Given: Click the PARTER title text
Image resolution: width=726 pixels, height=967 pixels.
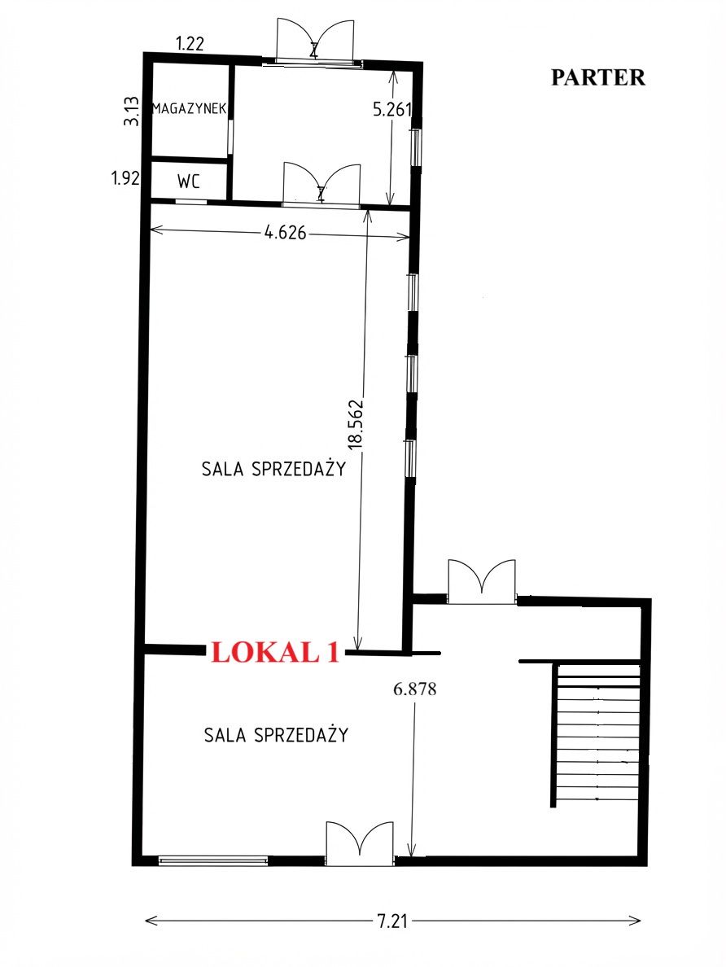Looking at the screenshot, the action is coord(597,77).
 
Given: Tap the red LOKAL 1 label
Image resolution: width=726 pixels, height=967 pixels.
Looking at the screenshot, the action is coord(275,653).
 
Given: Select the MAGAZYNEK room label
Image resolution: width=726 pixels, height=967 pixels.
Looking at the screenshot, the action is coord(190,109).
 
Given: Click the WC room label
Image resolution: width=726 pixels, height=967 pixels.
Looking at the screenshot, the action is coord(189,182).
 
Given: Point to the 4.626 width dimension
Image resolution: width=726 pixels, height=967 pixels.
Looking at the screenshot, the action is coord(285,233).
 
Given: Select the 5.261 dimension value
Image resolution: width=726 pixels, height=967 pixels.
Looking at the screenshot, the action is coord(392,109).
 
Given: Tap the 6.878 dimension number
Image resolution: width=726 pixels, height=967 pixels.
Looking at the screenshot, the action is coord(415,689).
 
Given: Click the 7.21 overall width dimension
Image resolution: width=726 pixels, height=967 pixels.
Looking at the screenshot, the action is coord(392,921).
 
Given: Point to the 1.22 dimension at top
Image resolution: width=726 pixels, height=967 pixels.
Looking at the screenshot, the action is coord(190,44).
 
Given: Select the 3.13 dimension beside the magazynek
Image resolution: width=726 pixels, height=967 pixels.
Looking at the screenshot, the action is coord(131,112).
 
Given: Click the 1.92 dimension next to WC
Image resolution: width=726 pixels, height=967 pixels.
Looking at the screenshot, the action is coord(125,179).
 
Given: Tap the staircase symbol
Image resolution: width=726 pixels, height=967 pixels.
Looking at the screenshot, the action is coord(597,734).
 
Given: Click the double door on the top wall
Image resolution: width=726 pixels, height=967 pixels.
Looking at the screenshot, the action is coord(315,41).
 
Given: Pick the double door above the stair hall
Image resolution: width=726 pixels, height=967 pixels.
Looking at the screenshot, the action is coord(482,581).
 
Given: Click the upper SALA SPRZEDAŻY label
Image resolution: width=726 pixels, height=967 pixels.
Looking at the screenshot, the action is coord(273,469).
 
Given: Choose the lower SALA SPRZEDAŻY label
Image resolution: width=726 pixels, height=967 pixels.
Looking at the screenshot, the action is coord(277,734).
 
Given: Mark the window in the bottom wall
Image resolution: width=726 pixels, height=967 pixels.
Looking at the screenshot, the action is coord(213,861).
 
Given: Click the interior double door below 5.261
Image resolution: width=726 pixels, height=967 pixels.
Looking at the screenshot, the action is coord(321,184).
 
